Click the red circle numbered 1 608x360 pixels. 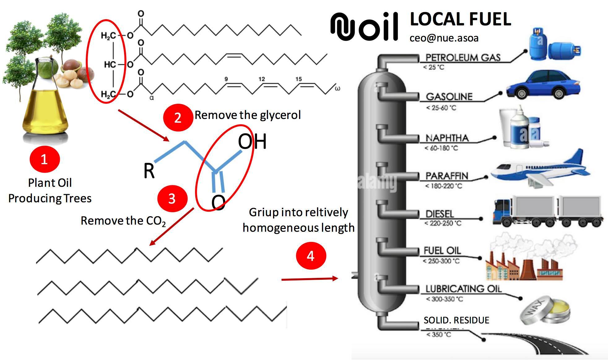pos(44,159)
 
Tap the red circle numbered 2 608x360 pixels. pos(178,118)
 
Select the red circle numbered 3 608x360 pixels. pos(172,199)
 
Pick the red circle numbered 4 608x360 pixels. pos(311,256)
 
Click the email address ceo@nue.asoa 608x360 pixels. pos(444,38)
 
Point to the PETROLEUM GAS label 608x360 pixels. pos(463,58)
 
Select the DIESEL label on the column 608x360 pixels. pos(440,214)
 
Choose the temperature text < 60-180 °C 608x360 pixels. pos(441,148)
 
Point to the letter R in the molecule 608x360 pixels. pos(149,171)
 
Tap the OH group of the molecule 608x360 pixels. pos(252,142)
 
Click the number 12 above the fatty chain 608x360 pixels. pos(262,79)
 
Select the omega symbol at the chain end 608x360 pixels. pos(337,89)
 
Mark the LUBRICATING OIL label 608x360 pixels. pos(463,289)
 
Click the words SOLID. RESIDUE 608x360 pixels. pos(456,320)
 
